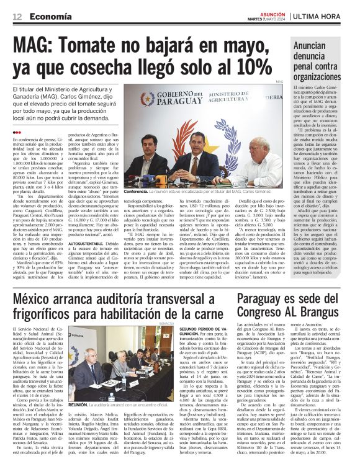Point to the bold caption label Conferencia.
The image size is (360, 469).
click(x=136, y=192)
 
